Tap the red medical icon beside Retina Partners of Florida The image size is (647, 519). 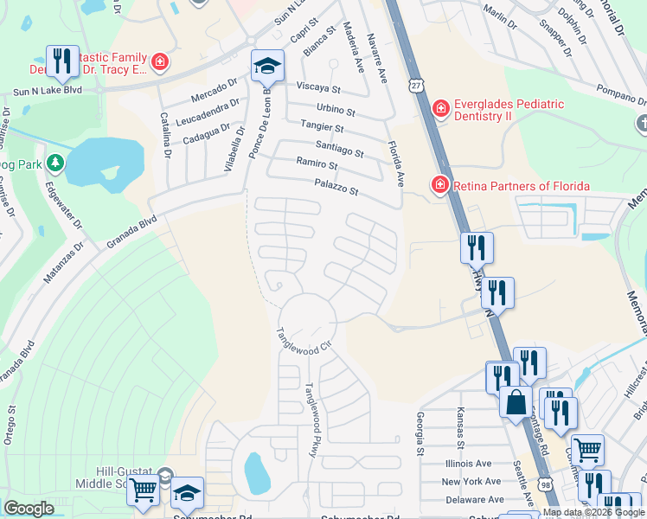tap(440, 185)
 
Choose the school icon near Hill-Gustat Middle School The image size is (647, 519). tap(187, 492)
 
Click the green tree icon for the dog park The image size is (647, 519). tap(55, 163)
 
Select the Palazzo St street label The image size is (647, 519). tap(336, 184)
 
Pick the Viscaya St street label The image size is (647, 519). tap(318, 88)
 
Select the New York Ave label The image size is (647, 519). tap(471, 481)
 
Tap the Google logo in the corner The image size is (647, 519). tap(29, 509)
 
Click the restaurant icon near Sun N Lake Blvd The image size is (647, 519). tap(61, 61)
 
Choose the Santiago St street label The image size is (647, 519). tap(339, 150)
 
